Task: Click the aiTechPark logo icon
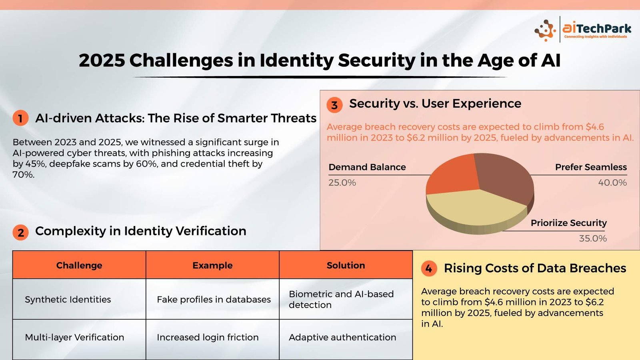[x=545, y=30]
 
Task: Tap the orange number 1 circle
[x=20, y=118]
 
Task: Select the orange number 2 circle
[x=20, y=232]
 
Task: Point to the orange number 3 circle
[x=334, y=105]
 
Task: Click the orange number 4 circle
[x=429, y=268]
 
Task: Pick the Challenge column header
[x=79, y=265]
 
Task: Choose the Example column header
[x=212, y=265]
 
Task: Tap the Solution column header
[x=346, y=265]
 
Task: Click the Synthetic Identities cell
[x=79, y=299]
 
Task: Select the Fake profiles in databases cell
[x=212, y=299]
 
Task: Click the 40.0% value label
[x=612, y=182]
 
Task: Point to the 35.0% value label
[x=592, y=238]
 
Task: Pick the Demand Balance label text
[x=367, y=167]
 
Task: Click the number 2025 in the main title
[x=102, y=60]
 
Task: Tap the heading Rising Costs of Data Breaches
[x=535, y=268]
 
